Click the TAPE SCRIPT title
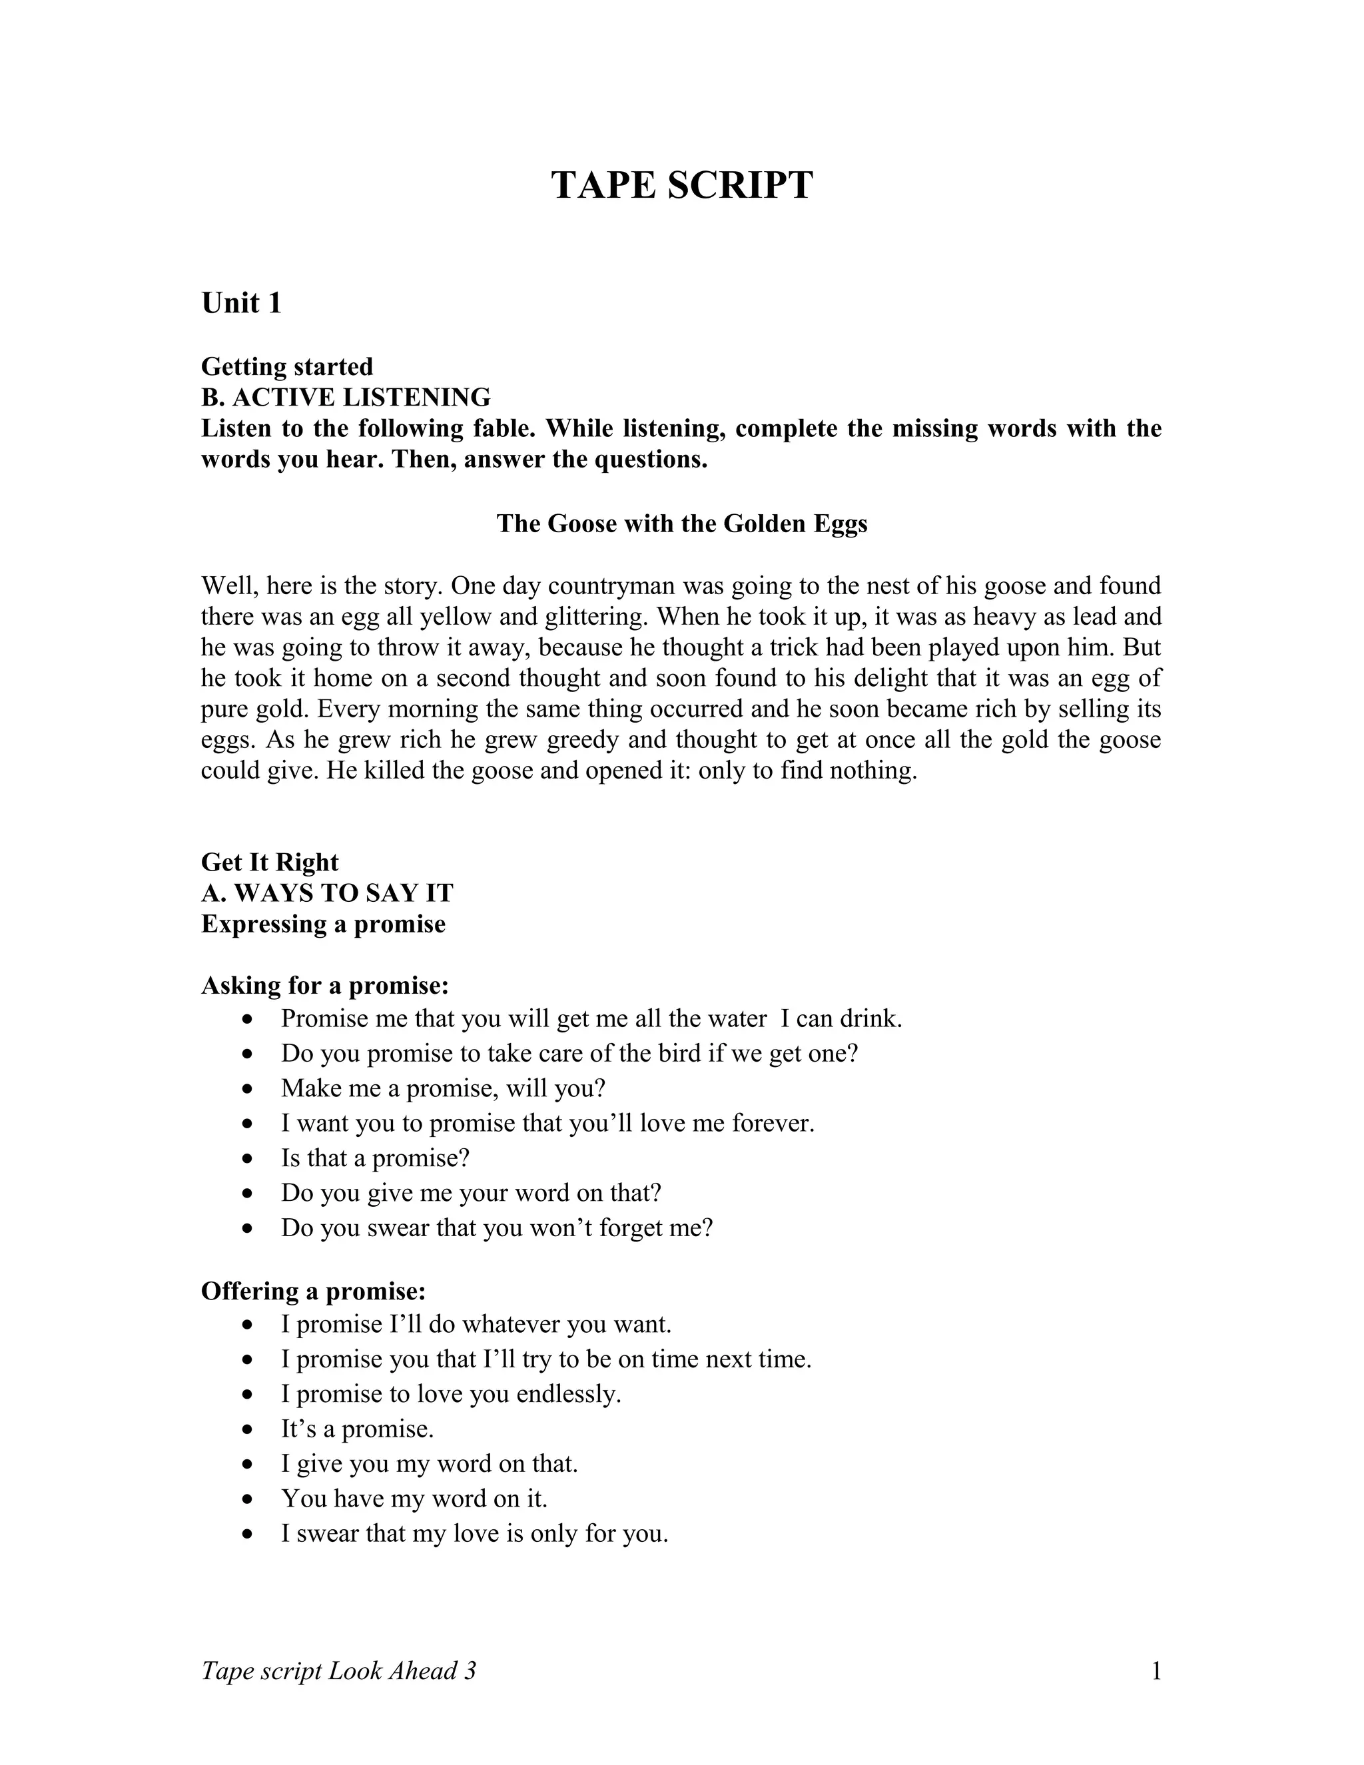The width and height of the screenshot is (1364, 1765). (x=681, y=185)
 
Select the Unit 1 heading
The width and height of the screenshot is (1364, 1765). (x=241, y=303)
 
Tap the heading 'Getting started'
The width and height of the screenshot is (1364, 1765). (x=287, y=366)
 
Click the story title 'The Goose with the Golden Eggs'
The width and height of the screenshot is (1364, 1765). (x=681, y=524)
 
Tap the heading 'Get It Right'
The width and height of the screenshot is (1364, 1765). (x=270, y=863)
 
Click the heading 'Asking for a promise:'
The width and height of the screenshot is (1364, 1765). (x=325, y=986)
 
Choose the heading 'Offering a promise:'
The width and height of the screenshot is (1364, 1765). (x=314, y=1291)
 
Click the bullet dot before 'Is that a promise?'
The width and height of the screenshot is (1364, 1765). (x=248, y=1159)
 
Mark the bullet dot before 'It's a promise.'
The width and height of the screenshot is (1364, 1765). (x=248, y=1429)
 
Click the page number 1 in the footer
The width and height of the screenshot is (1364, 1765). (x=1156, y=1670)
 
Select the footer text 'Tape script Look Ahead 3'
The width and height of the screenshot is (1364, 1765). (x=338, y=1670)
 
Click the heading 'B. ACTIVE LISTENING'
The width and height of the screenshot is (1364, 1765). (x=345, y=398)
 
